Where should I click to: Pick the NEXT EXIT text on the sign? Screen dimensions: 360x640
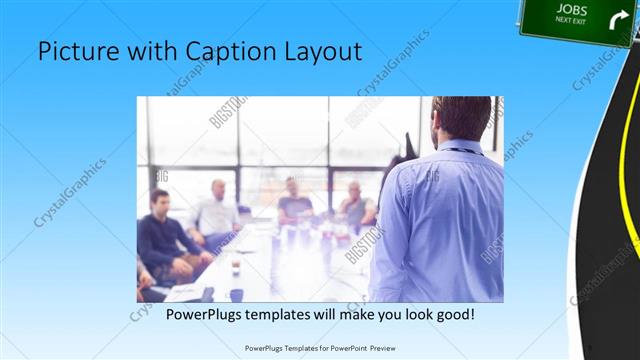[570, 20]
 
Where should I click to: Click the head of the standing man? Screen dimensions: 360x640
[461, 118]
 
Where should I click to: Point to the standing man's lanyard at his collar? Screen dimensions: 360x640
[462, 151]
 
